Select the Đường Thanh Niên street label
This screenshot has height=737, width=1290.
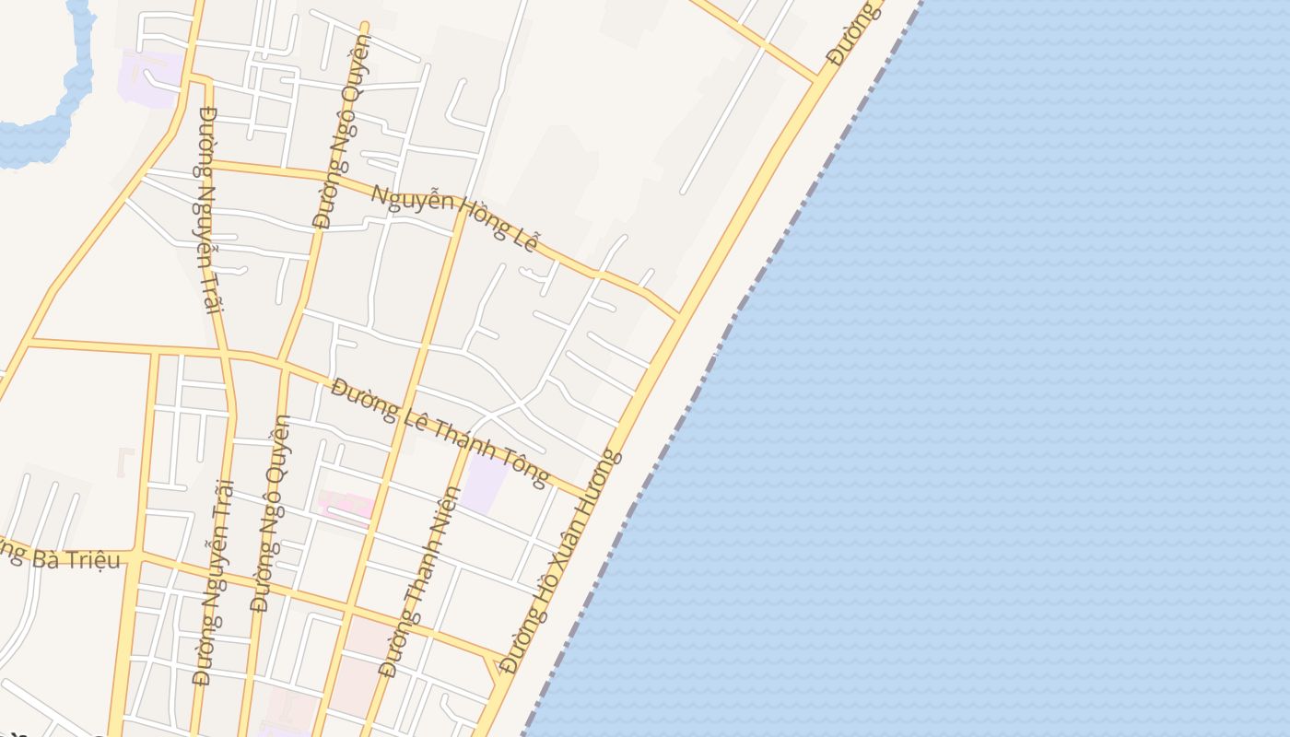pyautogui.click(x=421, y=581)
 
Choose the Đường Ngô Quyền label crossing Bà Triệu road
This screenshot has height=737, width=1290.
pyautogui.click(x=270, y=513)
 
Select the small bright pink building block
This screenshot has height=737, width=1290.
pyautogui.click(x=347, y=505)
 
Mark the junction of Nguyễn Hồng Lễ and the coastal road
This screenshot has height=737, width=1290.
pyautogui.click(x=680, y=316)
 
